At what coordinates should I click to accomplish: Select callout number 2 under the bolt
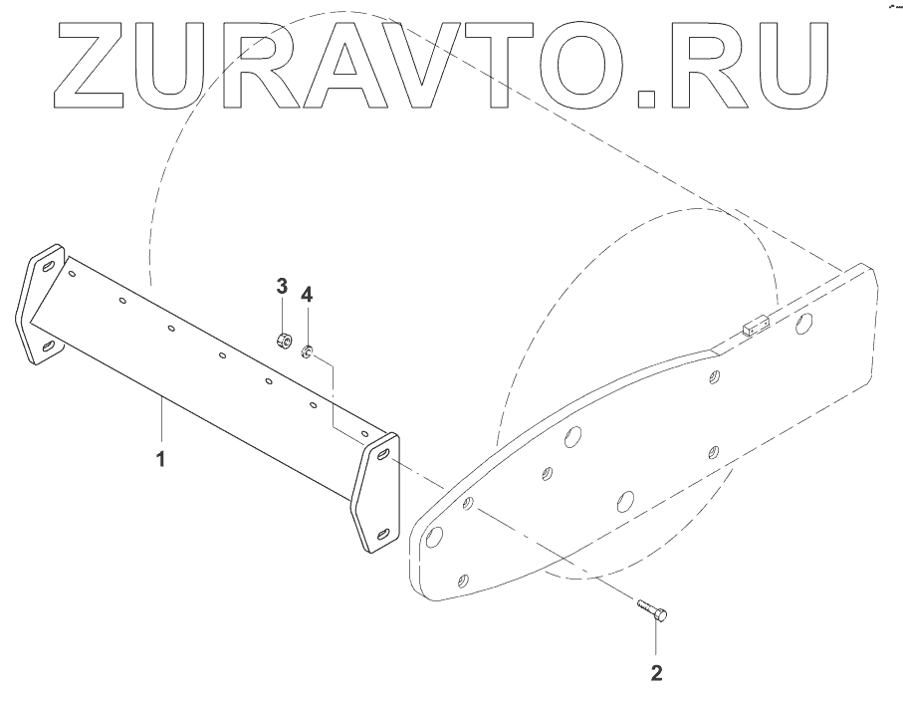pos(655,672)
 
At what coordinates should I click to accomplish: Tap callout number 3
pos(282,288)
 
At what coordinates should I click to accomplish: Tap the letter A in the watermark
pos(355,66)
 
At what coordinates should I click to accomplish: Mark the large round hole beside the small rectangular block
pos(806,323)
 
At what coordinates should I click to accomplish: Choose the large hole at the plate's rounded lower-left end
pos(434,540)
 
